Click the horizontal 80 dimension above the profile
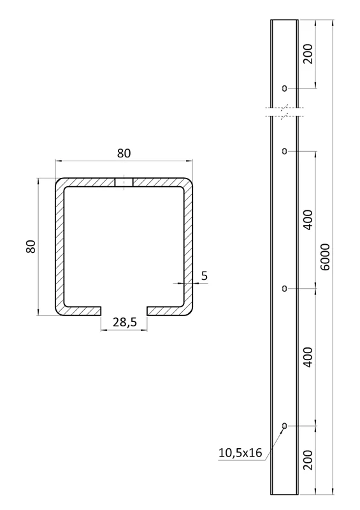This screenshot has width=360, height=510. pos(124,153)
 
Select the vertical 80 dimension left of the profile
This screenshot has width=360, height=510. pos(31,246)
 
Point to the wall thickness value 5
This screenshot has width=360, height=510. pos(203,275)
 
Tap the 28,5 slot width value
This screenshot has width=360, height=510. pos(124,323)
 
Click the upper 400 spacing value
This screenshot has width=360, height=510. pos(308,220)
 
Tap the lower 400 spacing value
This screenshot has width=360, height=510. pos(308,357)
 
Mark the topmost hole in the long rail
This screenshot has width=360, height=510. pos(284,87)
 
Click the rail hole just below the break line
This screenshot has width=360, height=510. pos(284,151)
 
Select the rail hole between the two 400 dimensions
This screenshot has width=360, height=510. pos(284,289)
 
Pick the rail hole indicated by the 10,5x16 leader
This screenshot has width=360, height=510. pos(284,425)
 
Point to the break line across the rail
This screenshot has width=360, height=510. pos(284,112)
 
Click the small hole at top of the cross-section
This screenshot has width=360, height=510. pos(124,183)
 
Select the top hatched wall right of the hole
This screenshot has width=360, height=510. pos(159,183)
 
